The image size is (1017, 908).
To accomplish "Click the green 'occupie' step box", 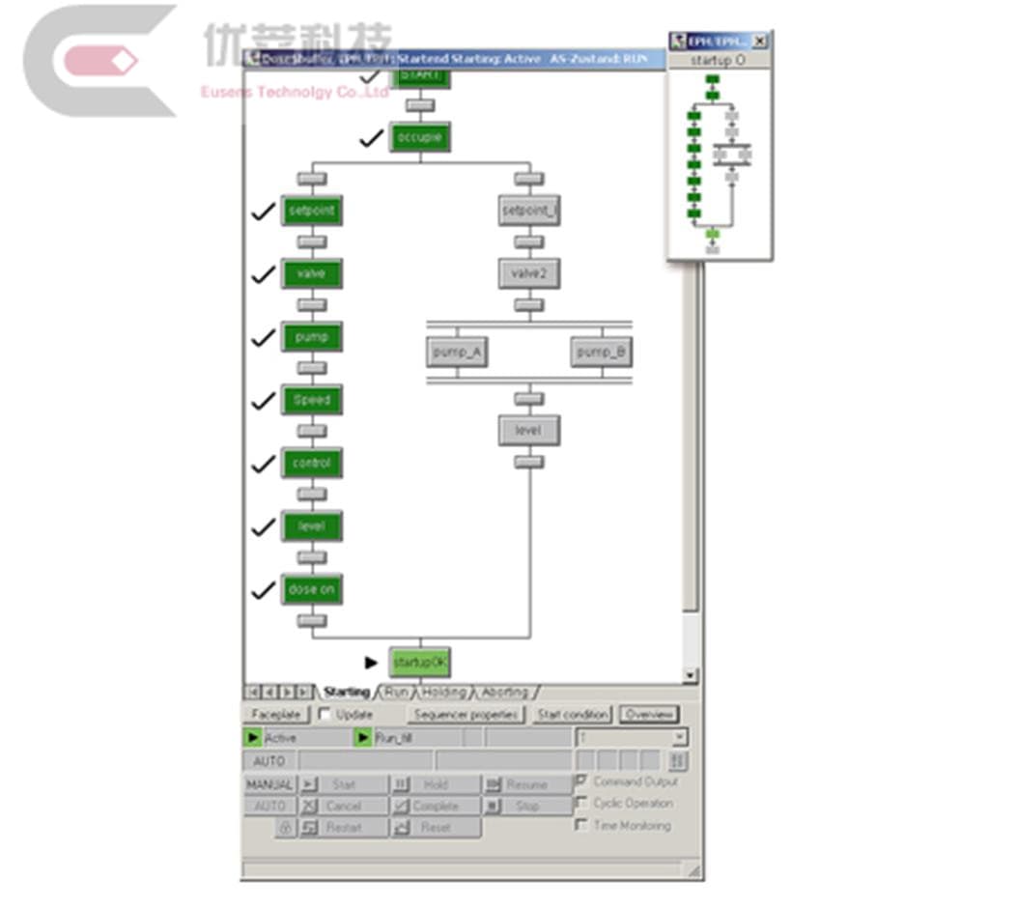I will (x=420, y=138).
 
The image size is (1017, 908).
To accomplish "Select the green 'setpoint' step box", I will (x=311, y=211).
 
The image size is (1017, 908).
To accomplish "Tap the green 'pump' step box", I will (x=311, y=337).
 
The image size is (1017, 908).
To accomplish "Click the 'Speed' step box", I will (x=311, y=400).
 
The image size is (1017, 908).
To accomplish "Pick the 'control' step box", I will (x=311, y=464).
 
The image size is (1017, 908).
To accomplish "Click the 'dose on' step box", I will (x=311, y=589).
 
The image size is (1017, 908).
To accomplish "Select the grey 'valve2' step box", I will (x=528, y=273).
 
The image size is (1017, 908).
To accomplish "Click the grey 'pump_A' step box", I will (x=456, y=353).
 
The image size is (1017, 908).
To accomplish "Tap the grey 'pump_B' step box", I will (x=601, y=353).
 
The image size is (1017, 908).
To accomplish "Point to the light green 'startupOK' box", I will (x=420, y=663).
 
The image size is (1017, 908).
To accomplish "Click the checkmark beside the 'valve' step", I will (x=263, y=275).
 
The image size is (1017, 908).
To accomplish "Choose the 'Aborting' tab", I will (x=505, y=693).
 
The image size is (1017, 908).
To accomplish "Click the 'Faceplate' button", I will (x=276, y=715).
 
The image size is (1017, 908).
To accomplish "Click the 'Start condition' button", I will (x=573, y=715).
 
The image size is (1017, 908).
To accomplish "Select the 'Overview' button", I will (x=649, y=715).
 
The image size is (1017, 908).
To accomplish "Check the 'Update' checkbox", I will (x=325, y=715).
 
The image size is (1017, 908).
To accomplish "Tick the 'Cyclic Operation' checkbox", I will (x=581, y=803).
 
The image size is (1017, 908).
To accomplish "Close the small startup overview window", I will (x=759, y=42).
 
